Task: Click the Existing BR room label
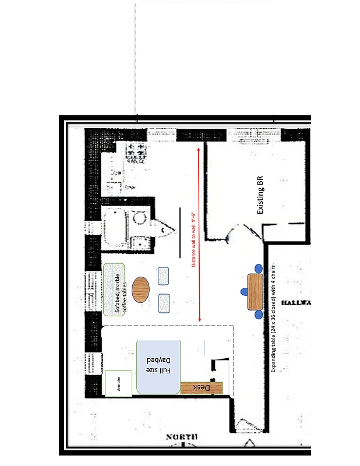tap(260, 195)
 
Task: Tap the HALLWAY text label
tap(296, 303)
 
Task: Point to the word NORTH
tap(181, 437)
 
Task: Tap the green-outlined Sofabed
tap(114, 290)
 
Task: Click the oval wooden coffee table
tap(140, 290)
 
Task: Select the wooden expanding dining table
tap(255, 291)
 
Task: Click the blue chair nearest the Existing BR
tap(259, 269)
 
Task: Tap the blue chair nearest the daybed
tap(259, 315)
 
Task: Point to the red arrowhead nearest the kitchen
tap(199, 150)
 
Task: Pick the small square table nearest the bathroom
tap(163, 276)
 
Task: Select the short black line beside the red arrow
tap(180, 233)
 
